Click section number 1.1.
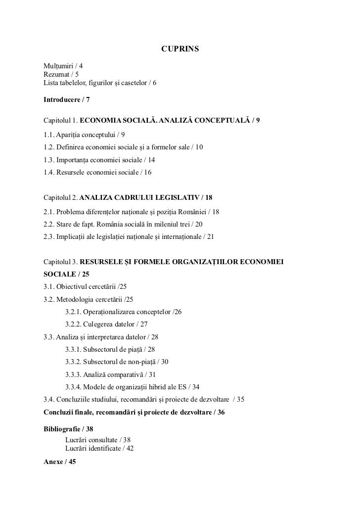point(48,135)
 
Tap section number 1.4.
point(48,173)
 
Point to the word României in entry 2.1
point(191,212)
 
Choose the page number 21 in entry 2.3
point(210,237)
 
